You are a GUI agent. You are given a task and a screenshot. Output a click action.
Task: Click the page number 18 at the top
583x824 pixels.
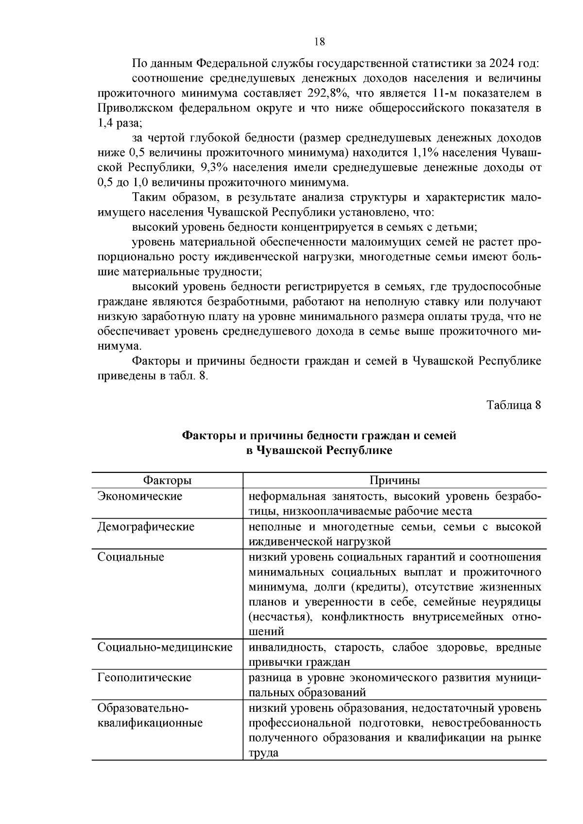pos(319,41)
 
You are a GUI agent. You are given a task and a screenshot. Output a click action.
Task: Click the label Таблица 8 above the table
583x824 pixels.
pos(514,405)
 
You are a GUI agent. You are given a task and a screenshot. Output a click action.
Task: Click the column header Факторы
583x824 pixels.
pos(167,481)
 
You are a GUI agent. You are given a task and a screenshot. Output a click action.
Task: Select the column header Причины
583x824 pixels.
pos(394,481)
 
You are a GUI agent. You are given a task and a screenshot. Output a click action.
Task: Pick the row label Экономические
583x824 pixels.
pos(140,496)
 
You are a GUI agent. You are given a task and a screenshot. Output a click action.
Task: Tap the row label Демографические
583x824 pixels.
pos(146,527)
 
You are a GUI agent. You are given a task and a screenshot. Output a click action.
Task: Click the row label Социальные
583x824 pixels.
pos(131,557)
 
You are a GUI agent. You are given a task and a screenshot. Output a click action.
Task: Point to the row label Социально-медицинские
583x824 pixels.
pos(165,648)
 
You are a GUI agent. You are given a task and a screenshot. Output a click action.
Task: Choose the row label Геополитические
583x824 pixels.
pos(144,678)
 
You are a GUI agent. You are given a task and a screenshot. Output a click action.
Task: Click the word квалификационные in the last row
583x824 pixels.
pos(150,723)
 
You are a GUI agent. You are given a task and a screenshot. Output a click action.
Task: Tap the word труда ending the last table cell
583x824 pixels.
pos(264,753)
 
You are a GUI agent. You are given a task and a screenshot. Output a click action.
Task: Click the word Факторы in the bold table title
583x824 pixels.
pos(205,436)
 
